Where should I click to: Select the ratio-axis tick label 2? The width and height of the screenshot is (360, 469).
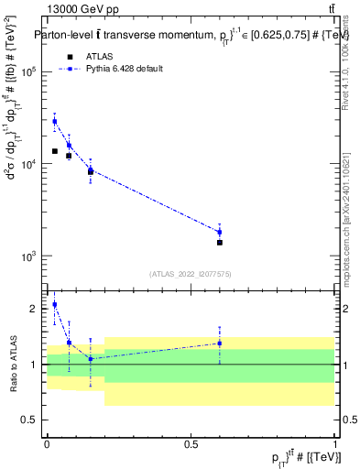pos(33,309)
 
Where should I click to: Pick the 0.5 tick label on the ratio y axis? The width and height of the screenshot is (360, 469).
pos(29,420)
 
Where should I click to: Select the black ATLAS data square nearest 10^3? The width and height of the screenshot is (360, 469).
pos(220,243)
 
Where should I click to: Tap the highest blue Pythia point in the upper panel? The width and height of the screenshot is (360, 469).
pos(55,121)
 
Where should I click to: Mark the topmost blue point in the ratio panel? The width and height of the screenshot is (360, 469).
pos(55,305)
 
